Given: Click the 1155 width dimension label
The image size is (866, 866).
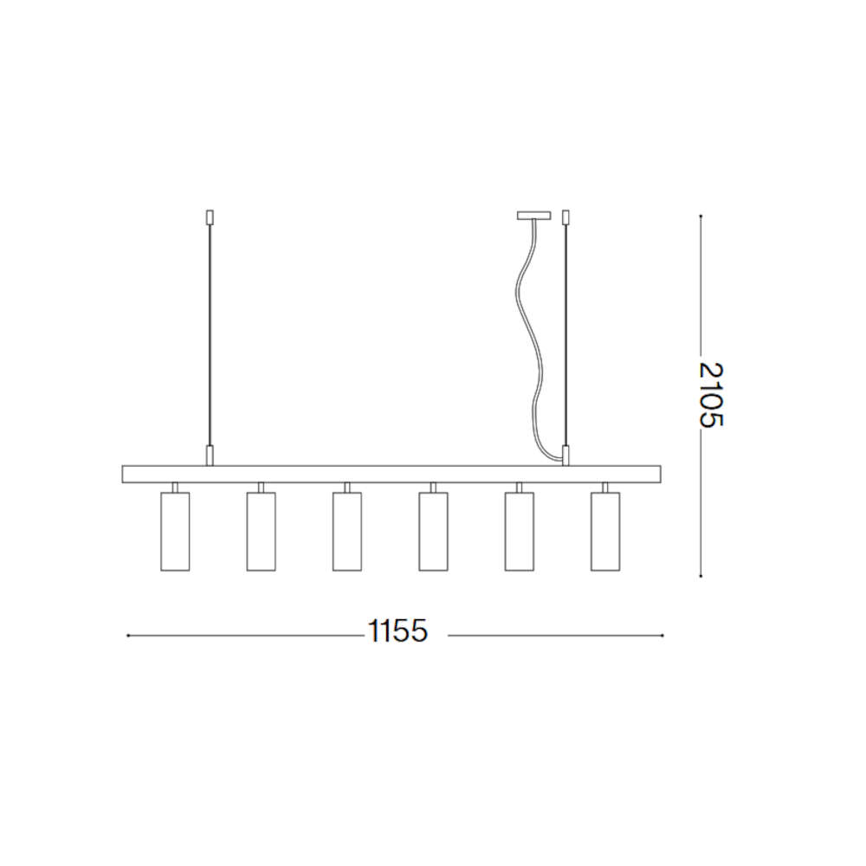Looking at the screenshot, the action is [397, 630].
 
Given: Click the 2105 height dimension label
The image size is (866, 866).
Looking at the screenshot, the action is [710, 394].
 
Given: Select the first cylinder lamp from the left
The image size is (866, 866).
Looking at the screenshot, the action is [175, 532].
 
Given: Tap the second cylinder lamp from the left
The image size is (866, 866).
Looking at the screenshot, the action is [262, 532].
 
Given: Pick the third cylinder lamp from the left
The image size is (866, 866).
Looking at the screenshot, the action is [347, 532].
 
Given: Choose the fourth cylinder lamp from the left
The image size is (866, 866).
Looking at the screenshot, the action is [434, 532].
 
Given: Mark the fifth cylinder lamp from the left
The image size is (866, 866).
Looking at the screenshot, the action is [520, 532].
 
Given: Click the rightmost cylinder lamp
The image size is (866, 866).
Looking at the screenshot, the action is [605, 532].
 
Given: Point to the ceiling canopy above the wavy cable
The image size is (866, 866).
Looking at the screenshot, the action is [533, 216].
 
